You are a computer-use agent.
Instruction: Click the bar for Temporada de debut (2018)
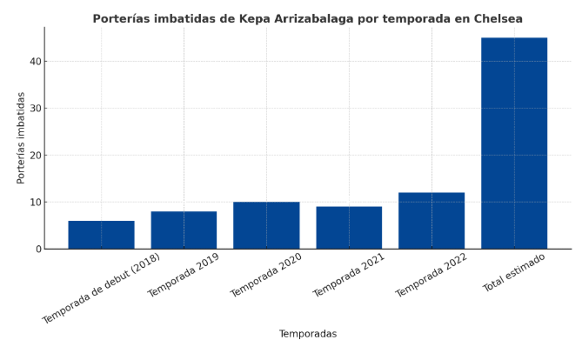click(101, 235)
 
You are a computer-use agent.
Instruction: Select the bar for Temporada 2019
click(184, 230)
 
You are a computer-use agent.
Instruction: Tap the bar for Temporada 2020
click(266, 225)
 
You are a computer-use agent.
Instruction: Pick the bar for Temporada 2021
click(349, 228)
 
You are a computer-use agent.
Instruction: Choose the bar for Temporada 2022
click(431, 221)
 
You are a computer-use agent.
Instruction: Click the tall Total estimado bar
click(514, 143)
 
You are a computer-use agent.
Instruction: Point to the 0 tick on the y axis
click(37, 250)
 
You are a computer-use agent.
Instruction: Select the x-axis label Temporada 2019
click(183, 275)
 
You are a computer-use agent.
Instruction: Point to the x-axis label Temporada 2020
click(265, 275)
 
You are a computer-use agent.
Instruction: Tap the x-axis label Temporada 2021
click(348, 275)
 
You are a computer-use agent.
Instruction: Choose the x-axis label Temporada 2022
click(431, 275)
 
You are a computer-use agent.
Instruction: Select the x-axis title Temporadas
click(307, 334)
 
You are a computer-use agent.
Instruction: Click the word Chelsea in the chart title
click(498, 18)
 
